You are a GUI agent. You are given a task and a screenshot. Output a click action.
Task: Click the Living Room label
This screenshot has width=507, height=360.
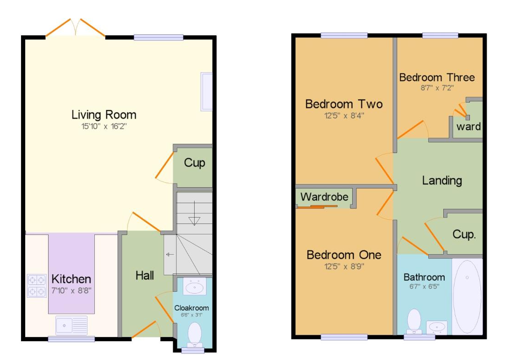104,114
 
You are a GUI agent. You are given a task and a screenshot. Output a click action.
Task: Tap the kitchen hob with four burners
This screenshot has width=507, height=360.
37,286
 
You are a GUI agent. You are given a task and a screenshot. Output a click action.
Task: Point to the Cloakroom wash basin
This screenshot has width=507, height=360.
194,287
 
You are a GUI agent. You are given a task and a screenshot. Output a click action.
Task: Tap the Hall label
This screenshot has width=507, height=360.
145,275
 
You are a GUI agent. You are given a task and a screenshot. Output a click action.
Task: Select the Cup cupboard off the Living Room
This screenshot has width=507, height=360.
194,163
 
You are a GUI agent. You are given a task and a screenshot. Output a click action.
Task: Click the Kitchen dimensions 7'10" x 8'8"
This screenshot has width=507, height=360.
71,290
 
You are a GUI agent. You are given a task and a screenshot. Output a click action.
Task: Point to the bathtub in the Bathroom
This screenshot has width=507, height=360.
467,297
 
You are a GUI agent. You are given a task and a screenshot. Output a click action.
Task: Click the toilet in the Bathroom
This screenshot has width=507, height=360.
414,321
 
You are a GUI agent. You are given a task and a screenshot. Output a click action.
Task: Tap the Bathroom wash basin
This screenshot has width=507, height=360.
437,327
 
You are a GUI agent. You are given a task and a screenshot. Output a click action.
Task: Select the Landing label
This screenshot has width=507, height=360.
442,180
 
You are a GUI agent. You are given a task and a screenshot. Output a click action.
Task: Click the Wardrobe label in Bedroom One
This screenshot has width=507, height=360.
324,197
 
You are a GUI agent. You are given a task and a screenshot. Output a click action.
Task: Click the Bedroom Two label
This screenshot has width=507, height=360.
343,104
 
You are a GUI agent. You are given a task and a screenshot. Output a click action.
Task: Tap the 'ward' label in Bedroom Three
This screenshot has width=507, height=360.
468,126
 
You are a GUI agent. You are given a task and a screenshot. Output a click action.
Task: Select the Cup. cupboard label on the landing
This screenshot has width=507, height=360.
464,235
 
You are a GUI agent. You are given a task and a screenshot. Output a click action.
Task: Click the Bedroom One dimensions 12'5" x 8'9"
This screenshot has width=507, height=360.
344,266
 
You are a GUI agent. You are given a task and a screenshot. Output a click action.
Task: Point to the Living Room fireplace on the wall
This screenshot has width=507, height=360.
206,92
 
